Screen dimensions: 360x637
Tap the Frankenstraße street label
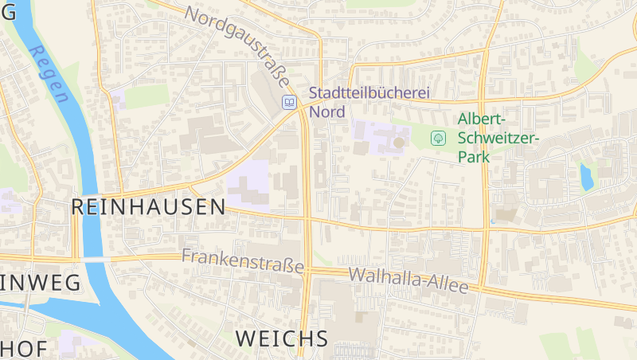point(243,260)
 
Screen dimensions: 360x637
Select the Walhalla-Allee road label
point(408,281)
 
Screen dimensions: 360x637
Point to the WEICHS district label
point(282,338)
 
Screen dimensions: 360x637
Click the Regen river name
point(49,73)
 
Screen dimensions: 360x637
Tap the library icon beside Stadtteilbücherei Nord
point(290,102)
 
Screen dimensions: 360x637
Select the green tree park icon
point(438,138)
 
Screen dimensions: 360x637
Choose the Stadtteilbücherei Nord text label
point(369,102)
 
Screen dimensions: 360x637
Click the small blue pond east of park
point(587,177)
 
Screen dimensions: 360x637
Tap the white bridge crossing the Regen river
point(95,260)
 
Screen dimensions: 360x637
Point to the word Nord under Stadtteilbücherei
point(326,112)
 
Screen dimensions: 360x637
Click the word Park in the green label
point(474,157)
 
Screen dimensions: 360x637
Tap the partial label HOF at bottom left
point(23,349)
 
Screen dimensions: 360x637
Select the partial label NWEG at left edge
point(40,282)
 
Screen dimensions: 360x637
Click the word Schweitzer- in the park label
point(498,138)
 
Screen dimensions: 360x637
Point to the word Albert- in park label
point(481,119)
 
